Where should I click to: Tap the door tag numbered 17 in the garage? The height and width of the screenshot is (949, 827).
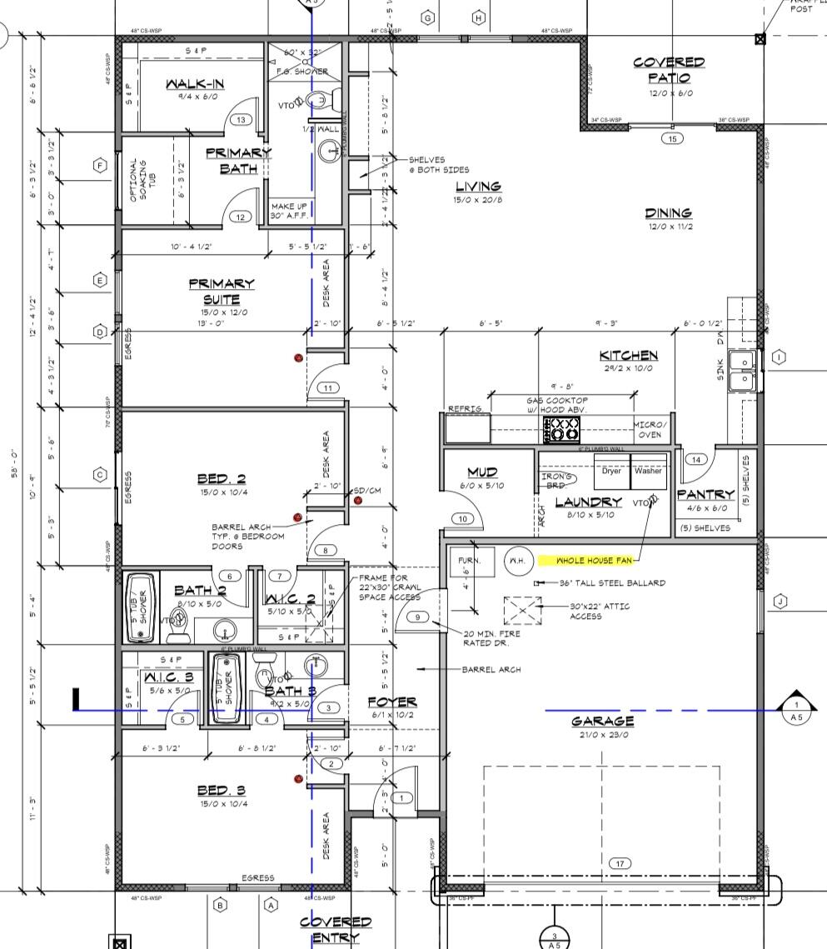click(620, 863)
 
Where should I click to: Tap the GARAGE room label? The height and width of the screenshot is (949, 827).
click(602, 722)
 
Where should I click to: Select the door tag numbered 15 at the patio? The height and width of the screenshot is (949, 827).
click(671, 138)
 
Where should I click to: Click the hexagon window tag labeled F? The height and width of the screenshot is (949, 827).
click(101, 166)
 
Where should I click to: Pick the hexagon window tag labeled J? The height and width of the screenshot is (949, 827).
click(780, 602)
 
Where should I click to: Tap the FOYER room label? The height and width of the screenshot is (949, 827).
click(392, 702)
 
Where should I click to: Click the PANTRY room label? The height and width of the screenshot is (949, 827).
click(706, 494)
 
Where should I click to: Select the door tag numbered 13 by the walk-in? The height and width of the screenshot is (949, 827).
click(241, 120)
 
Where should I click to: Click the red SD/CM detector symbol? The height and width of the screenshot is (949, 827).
click(358, 500)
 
